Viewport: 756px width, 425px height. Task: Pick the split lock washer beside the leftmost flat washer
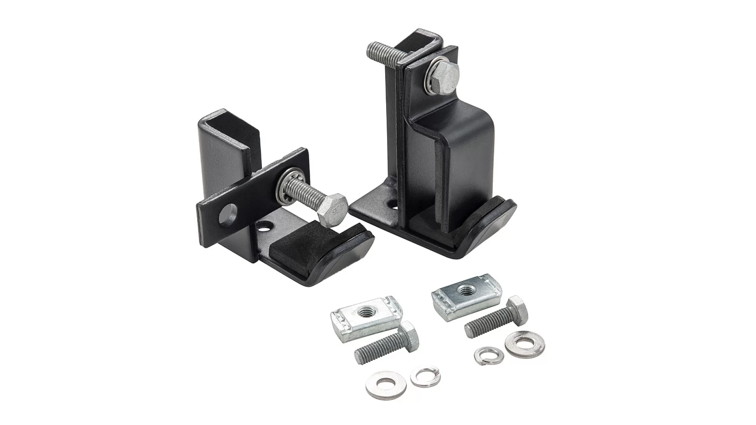pos(425,377)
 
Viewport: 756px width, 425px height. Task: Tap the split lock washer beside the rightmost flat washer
pos(489,355)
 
